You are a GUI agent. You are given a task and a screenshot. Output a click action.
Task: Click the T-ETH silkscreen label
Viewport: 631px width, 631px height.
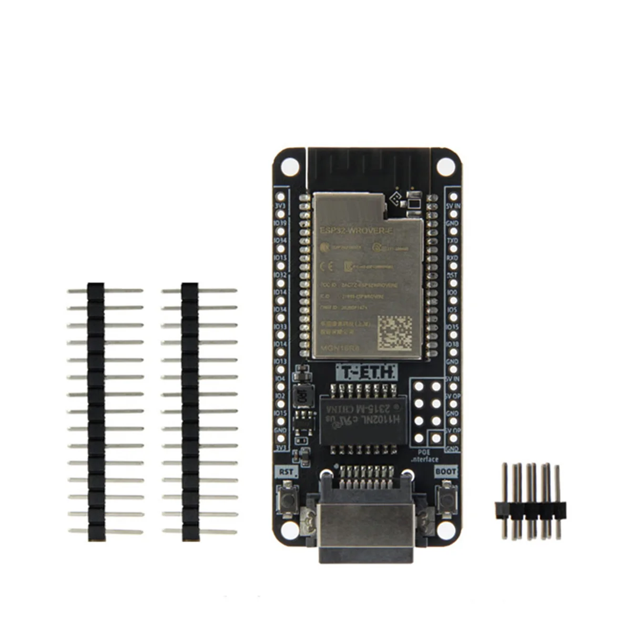click(367, 373)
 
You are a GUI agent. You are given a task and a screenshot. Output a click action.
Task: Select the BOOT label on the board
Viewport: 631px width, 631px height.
click(446, 472)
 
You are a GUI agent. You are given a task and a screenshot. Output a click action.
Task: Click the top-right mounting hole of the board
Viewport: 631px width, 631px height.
click(445, 166)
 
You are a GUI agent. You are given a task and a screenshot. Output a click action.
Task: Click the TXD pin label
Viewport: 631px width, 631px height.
click(452, 240)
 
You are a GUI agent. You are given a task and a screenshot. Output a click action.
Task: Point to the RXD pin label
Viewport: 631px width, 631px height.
click(452, 258)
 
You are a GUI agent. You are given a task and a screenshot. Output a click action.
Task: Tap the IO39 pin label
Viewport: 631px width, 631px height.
click(280, 223)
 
